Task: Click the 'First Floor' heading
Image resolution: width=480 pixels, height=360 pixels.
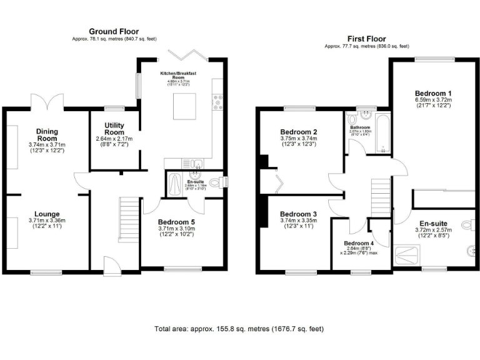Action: tap(367, 38)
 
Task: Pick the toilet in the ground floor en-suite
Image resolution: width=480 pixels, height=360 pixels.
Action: tap(217, 182)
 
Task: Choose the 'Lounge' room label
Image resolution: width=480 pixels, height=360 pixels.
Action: tap(47, 214)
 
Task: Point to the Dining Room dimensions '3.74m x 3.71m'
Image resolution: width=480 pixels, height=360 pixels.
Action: tap(47, 144)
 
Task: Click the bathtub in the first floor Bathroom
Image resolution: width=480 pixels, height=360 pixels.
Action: tap(384, 132)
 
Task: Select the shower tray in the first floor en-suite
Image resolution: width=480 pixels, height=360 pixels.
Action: tap(409, 255)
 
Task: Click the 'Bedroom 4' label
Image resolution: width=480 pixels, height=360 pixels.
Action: tap(359, 243)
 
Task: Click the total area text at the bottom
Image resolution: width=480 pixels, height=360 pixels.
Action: tap(239, 328)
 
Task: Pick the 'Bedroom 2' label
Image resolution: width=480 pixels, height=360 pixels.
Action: tap(299, 132)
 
